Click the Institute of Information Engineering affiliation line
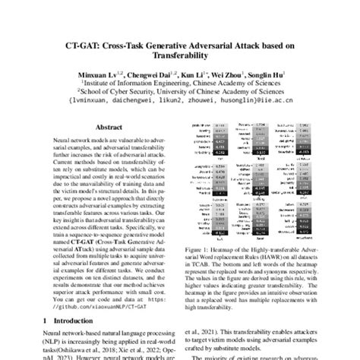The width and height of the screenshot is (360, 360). click(x=181, y=86)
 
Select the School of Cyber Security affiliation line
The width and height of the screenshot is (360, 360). click(x=181, y=95)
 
